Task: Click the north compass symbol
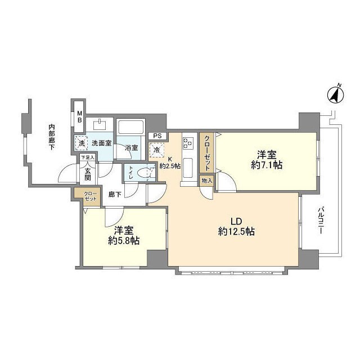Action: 335,94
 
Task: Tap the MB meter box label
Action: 79,117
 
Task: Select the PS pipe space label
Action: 157,136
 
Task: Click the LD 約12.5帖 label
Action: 236,227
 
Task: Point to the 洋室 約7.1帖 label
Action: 267,160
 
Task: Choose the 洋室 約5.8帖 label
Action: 124,235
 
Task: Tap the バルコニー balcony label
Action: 321,220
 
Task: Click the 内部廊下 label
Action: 52,137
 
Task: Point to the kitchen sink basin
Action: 187,168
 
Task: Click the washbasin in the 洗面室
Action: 100,125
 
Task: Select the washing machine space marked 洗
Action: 82,143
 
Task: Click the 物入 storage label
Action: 207,181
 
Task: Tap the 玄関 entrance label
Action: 88,174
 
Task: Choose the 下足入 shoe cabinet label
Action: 87,157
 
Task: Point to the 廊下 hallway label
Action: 115,195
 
